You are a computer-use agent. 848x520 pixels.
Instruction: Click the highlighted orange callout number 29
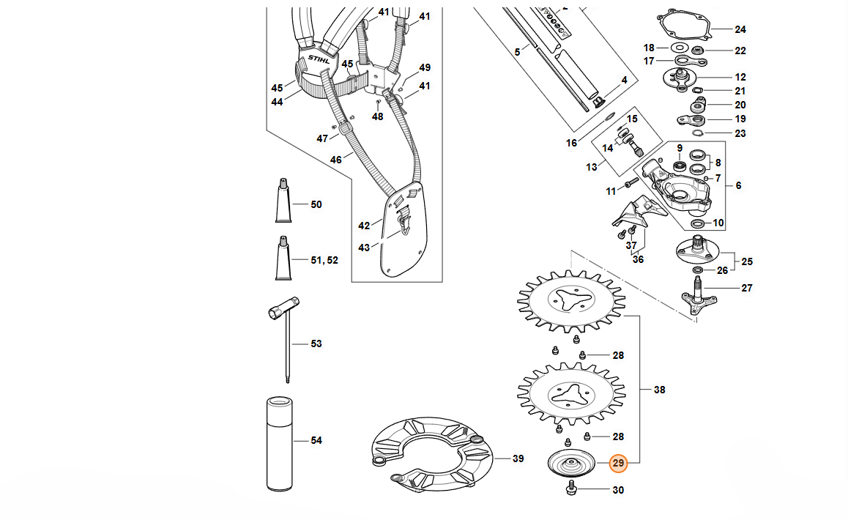coord(618,463)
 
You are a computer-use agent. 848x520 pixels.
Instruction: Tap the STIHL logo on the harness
coord(319,59)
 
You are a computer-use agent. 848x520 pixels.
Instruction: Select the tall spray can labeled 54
coord(280,444)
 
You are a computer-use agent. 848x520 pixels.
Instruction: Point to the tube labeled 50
coord(283,201)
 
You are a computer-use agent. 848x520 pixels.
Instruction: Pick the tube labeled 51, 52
coord(283,258)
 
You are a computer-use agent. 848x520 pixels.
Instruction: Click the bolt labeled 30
coord(571,489)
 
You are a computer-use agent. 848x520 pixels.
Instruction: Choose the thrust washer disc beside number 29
coord(571,464)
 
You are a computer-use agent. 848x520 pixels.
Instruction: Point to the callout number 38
coord(659,390)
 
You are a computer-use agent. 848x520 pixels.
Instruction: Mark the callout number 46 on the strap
coord(336,160)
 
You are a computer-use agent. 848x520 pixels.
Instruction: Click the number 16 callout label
coord(572,143)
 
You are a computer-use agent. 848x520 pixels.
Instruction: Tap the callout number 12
coord(740,78)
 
